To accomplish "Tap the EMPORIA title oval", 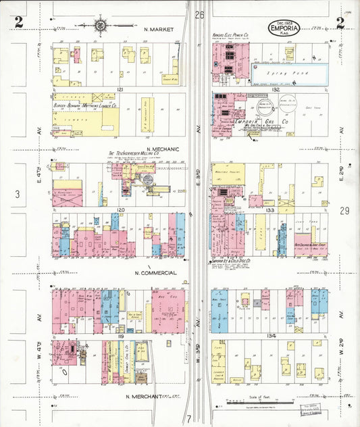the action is tap(286, 28).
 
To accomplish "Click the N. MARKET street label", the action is tap(159, 30).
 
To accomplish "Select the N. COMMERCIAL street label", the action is tap(155, 273).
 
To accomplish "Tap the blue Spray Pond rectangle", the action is tap(290, 70).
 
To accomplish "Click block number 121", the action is tap(120, 89).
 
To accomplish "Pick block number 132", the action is tap(275, 89).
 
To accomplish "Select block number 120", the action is tap(120, 210).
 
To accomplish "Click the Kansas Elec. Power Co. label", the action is tap(230, 34).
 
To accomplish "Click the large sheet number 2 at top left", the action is tap(18, 22).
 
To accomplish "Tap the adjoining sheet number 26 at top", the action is tap(199, 14).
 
